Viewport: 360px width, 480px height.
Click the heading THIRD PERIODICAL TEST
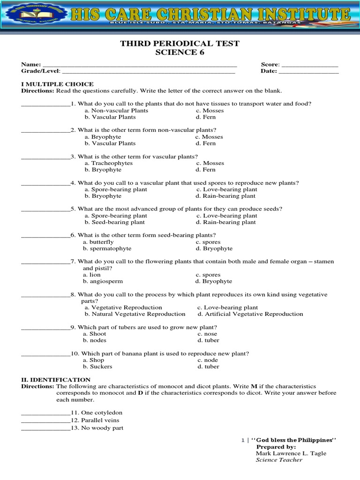(x=180, y=44)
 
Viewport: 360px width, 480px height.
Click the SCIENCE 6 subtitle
(x=180, y=52)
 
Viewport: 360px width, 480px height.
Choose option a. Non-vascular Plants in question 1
(x=116, y=111)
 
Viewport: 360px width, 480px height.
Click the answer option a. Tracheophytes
(x=109, y=163)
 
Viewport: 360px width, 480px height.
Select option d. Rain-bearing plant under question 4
(x=226, y=196)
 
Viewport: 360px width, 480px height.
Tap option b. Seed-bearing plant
(x=115, y=222)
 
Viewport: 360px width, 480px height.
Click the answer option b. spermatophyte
(x=107, y=248)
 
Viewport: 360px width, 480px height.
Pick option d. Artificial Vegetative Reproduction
(x=250, y=314)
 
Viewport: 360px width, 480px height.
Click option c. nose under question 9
(x=206, y=334)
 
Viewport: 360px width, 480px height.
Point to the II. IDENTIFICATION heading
(x=56, y=379)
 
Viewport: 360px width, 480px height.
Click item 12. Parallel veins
(x=95, y=420)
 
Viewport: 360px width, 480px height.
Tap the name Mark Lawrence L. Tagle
(x=291, y=453)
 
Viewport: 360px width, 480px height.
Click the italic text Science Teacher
(x=279, y=460)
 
